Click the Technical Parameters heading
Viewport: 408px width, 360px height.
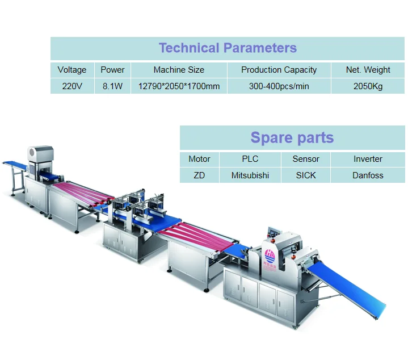click(228, 48)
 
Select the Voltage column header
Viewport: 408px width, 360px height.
click(72, 70)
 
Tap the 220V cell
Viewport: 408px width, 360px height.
click(72, 86)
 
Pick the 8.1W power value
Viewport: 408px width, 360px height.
click(112, 86)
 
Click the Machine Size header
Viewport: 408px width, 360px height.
click(179, 70)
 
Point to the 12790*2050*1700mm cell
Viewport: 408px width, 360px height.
click(179, 86)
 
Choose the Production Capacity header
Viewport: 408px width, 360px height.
click(279, 70)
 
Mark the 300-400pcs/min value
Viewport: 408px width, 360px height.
click(279, 86)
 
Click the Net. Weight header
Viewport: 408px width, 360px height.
click(368, 70)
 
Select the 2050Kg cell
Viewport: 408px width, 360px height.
click(368, 86)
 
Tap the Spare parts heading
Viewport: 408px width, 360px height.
click(292, 137)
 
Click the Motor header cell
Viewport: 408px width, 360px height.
click(199, 159)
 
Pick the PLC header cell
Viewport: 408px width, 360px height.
click(250, 159)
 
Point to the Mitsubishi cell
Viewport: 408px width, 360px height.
click(250, 175)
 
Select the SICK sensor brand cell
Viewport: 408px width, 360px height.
click(306, 175)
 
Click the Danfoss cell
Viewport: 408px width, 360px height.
click(368, 175)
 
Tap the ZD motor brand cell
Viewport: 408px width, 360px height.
click(199, 175)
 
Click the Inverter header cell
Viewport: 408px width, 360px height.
click(368, 159)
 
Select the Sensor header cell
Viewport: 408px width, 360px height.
click(306, 159)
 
